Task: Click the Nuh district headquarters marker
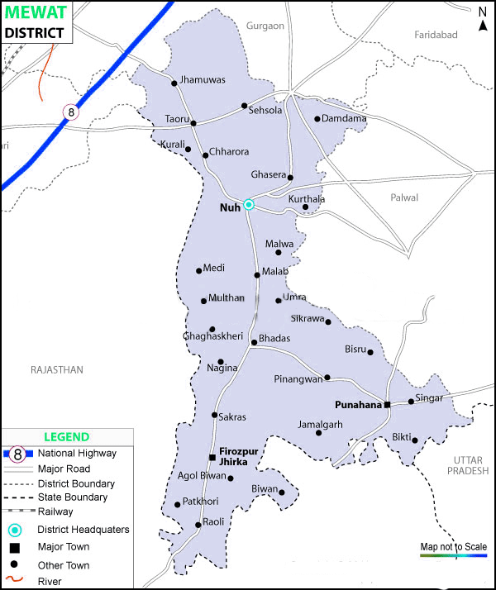pyautogui.click(x=248, y=205)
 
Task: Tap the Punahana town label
pyautogui.click(x=357, y=405)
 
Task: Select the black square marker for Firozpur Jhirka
pyautogui.click(x=212, y=457)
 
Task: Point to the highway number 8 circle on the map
pyautogui.click(x=72, y=111)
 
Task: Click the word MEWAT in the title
pyautogui.click(x=34, y=13)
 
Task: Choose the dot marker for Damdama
pyautogui.click(x=317, y=119)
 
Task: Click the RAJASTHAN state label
pyautogui.click(x=56, y=370)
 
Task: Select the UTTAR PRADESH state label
pyautogui.click(x=469, y=464)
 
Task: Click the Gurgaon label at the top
pyautogui.click(x=265, y=26)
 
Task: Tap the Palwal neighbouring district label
pyautogui.click(x=404, y=197)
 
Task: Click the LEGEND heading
pyautogui.click(x=66, y=437)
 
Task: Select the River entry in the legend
pyautogui.click(x=50, y=581)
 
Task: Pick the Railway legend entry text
pyautogui.click(x=55, y=511)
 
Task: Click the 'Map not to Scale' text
pyautogui.click(x=453, y=546)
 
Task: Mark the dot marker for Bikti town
pyautogui.click(x=415, y=440)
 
